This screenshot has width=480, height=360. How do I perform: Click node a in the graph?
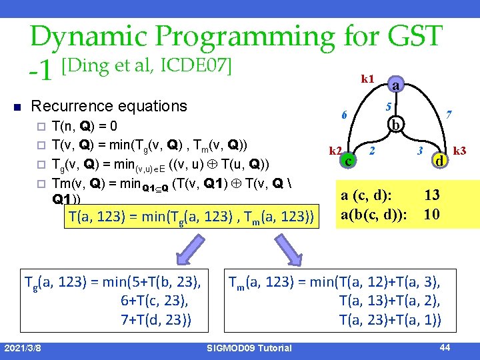(x=396, y=86)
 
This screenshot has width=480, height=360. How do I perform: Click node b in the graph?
(x=396, y=125)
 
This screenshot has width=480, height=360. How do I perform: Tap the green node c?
(x=347, y=160)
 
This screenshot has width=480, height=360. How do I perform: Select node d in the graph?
(x=439, y=161)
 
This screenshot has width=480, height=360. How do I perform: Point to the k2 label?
(x=335, y=151)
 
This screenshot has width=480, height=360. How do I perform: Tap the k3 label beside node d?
(x=460, y=151)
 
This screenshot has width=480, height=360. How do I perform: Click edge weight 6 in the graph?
(x=344, y=115)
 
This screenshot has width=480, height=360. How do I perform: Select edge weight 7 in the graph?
(x=450, y=115)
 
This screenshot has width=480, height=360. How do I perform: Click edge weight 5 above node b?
(x=388, y=107)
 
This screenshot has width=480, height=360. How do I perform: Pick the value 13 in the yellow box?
(x=432, y=195)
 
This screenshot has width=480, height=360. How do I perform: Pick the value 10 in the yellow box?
(x=432, y=214)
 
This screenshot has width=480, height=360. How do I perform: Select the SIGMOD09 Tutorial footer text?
(x=250, y=348)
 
